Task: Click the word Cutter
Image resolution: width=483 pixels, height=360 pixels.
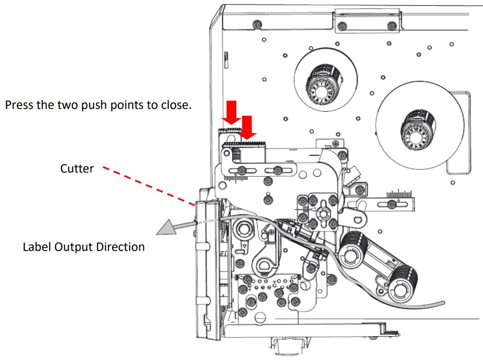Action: (x=76, y=168)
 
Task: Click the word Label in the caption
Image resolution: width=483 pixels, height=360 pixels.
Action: (x=36, y=246)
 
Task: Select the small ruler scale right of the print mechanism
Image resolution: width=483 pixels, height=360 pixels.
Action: (x=400, y=195)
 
